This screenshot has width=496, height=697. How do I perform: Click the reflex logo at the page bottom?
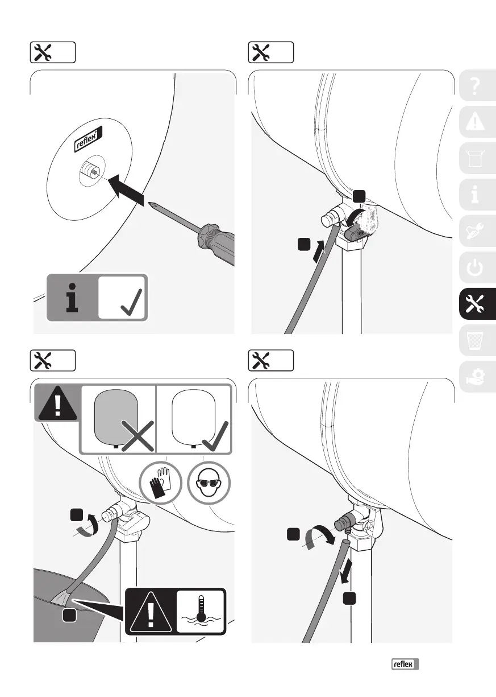(404, 663)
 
